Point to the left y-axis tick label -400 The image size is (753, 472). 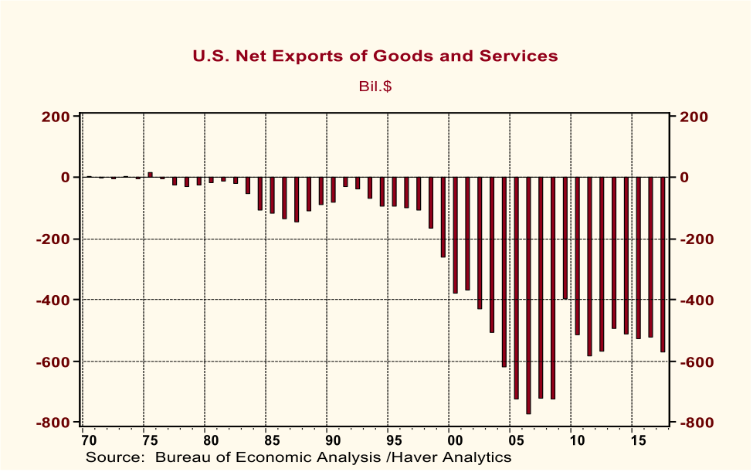click(x=54, y=300)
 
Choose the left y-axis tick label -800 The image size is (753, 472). click(x=54, y=423)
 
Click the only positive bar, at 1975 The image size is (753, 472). click(x=150, y=175)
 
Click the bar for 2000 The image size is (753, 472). click(x=455, y=235)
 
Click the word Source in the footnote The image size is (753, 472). click(x=113, y=457)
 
